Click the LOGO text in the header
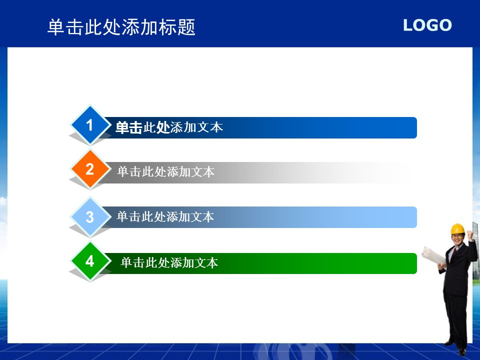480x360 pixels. pos(427,25)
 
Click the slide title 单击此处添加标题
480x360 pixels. pos(121,27)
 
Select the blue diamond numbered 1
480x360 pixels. pos(90,125)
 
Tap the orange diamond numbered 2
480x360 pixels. pos(90,169)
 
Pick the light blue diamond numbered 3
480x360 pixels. pos(90,217)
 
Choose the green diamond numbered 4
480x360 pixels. pos(90,261)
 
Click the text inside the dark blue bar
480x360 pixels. pos(169,127)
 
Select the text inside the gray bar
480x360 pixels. pos(166,171)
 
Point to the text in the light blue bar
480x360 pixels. pos(165,216)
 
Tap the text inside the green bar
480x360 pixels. pos(169,262)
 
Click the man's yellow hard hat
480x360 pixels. pos(457,228)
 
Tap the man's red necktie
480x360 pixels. pos(454,251)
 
